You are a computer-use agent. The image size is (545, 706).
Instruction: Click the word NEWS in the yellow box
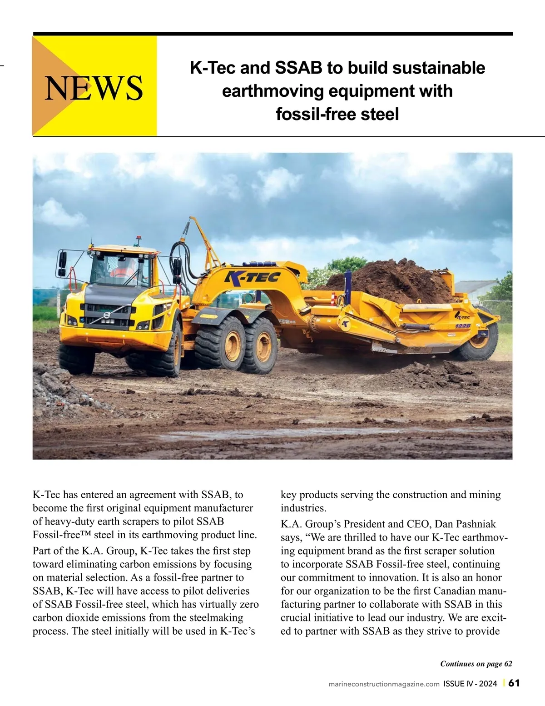[94, 87]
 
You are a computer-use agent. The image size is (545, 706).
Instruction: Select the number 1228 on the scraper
[463, 325]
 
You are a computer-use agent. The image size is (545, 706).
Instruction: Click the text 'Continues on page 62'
[476, 664]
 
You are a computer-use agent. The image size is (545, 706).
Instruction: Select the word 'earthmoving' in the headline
[272, 91]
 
